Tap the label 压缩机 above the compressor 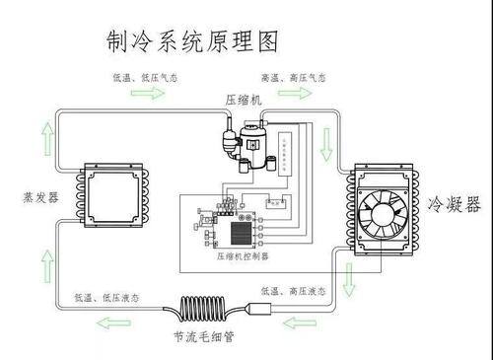(x=244, y=101)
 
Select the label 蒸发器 (x=38, y=196)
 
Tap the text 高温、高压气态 (x=294, y=77)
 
